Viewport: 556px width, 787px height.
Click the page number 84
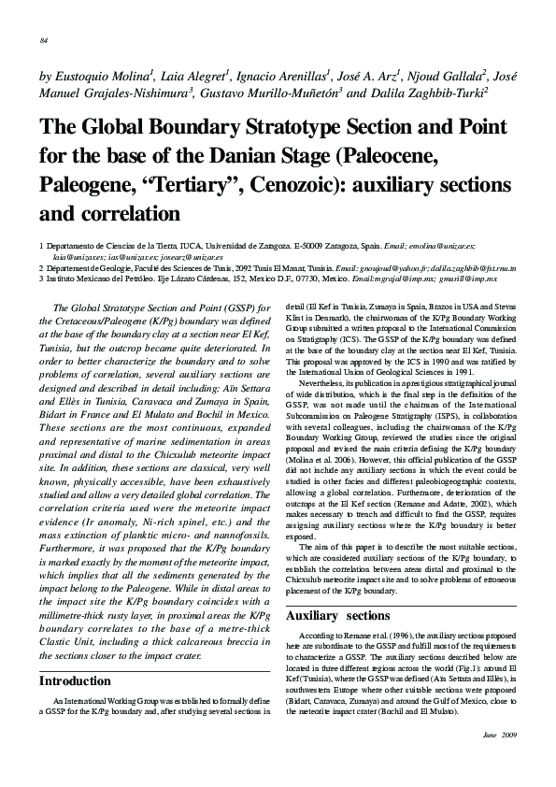click(44, 40)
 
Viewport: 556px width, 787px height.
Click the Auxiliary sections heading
click(337, 616)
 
